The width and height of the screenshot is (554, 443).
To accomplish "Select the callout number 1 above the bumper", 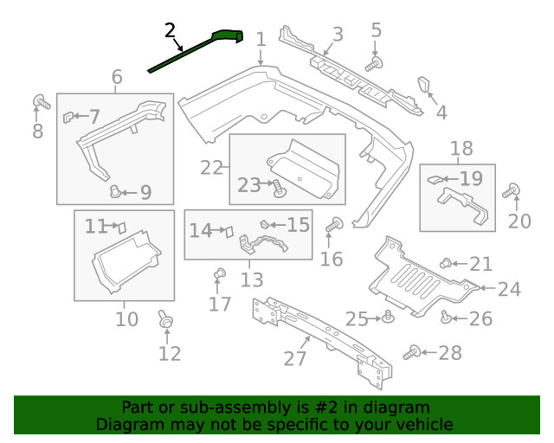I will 261,39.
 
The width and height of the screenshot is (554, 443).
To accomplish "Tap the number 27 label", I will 296,356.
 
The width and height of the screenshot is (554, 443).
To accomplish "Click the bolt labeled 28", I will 412,351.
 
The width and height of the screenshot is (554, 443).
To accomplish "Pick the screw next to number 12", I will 164,320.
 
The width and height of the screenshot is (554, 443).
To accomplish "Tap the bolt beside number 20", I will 513,189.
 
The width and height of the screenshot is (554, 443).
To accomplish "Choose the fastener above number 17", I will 219,275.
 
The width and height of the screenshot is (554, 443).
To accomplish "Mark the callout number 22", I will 212,166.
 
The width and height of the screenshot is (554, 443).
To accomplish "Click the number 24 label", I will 509,289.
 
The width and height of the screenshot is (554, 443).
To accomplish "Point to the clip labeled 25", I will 389,318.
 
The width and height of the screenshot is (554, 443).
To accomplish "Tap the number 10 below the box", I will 126,319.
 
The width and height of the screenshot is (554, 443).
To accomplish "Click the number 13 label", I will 251,279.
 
